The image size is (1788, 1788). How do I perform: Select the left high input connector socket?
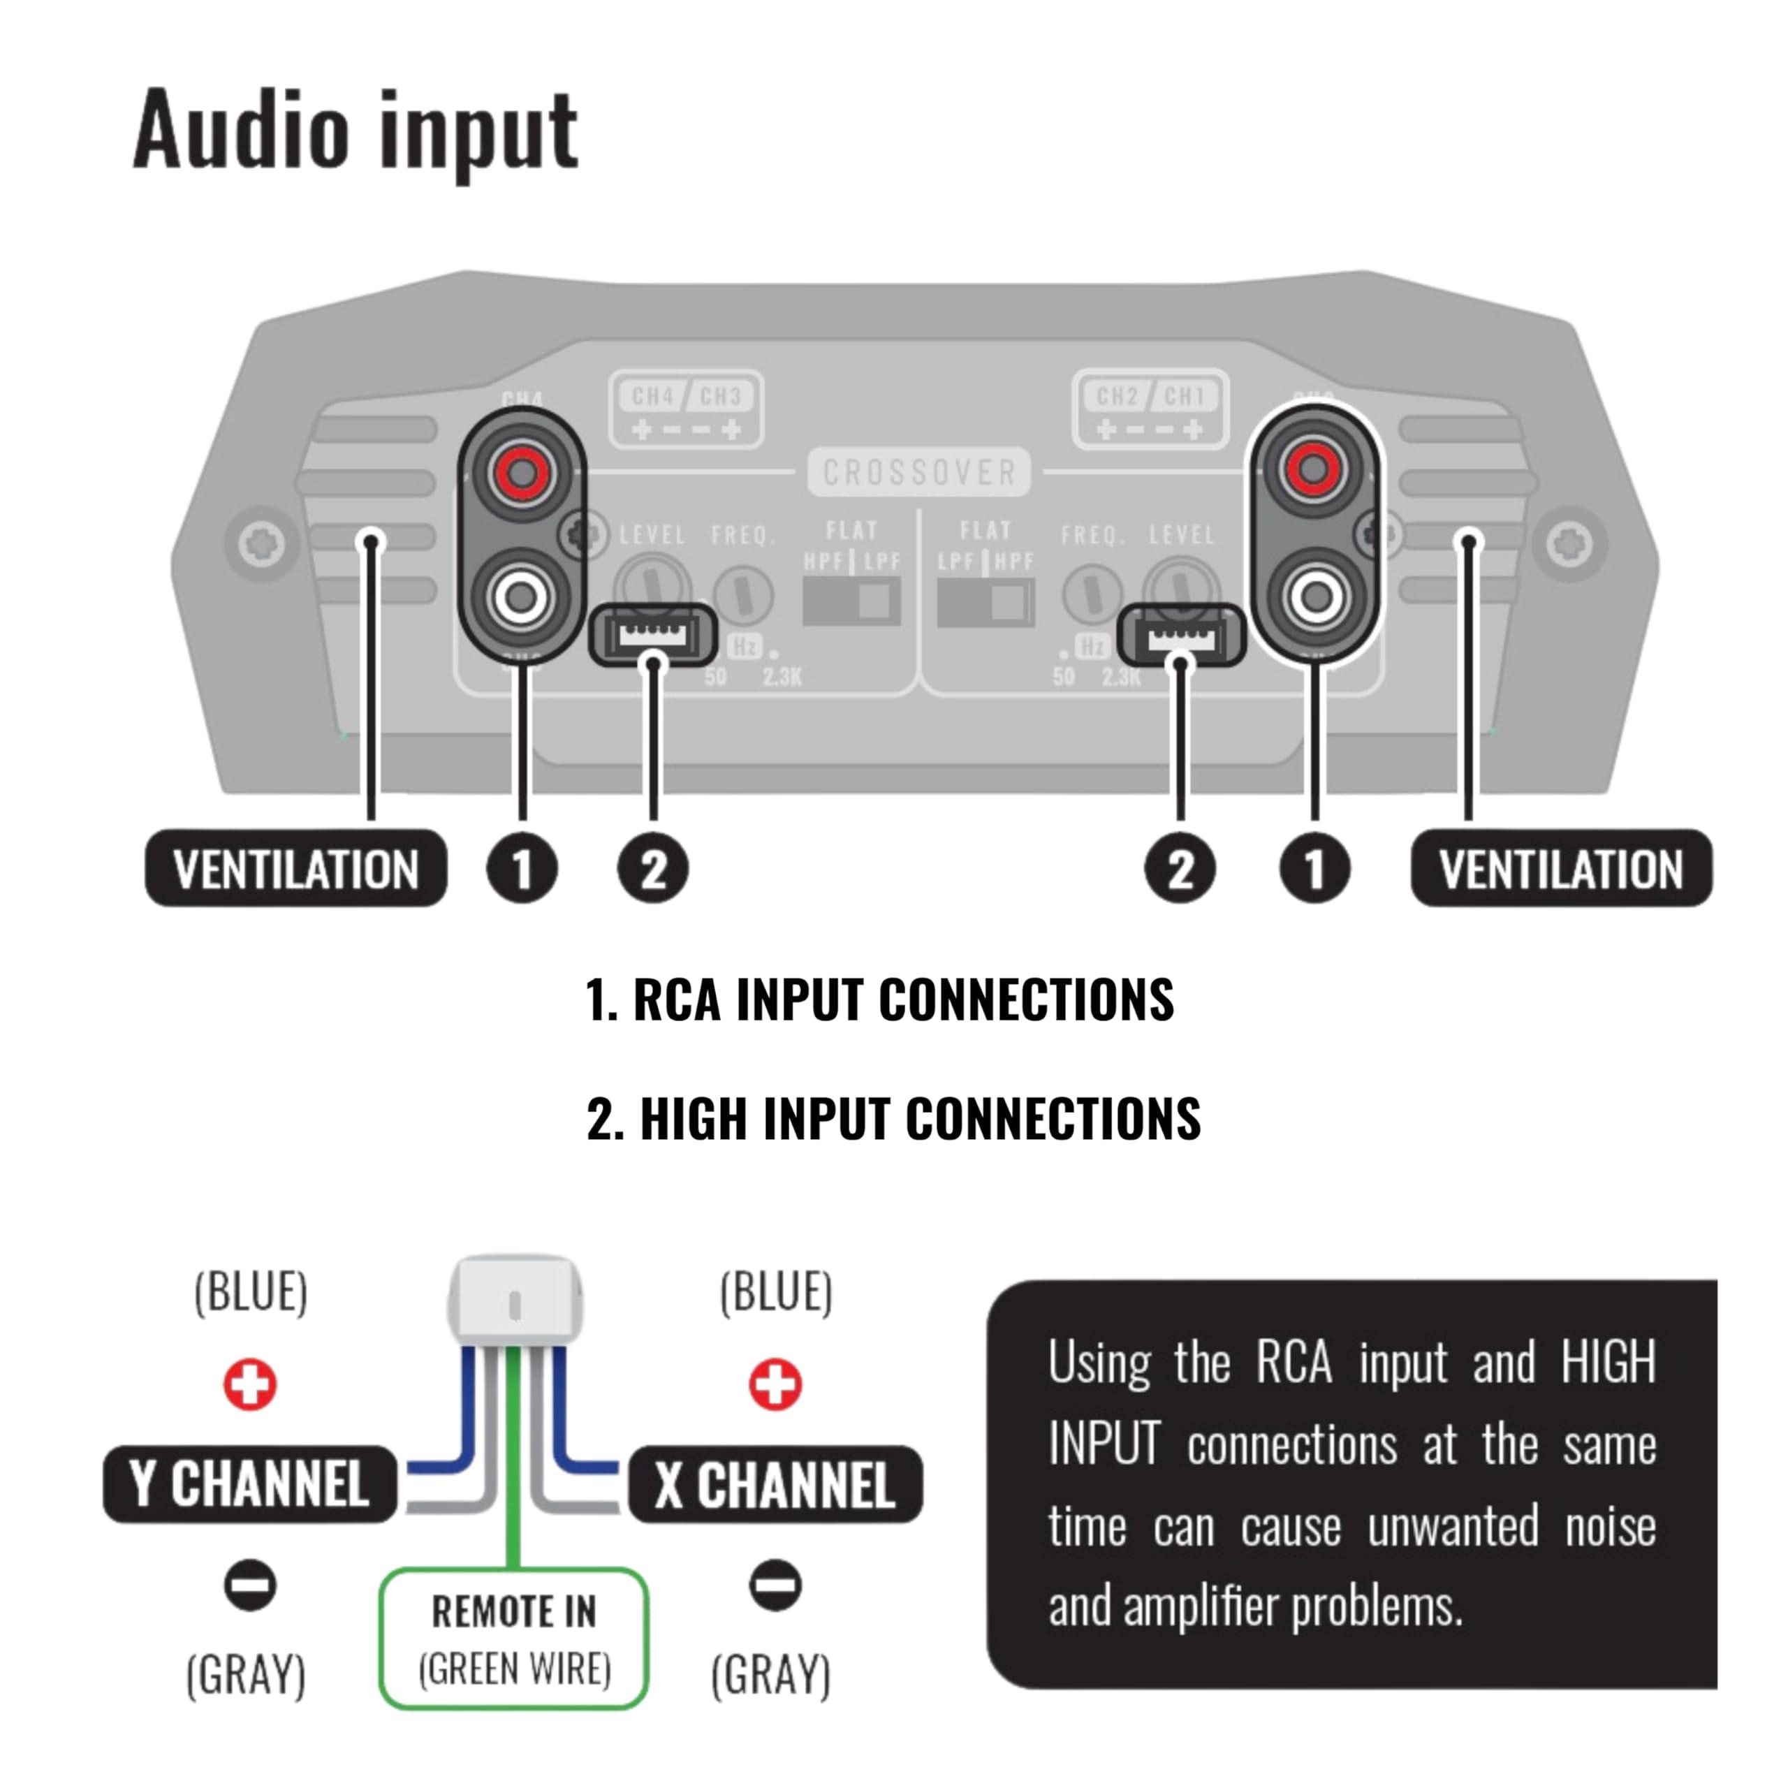[x=653, y=635]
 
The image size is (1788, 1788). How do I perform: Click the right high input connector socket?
[x=1180, y=636]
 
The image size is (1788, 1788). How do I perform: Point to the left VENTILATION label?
[x=295, y=869]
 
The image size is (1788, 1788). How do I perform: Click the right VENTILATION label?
[x=1560, y=869]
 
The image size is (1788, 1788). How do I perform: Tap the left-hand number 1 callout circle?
[x=522, y=869]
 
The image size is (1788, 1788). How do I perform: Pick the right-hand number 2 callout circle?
[x=1180, y=869]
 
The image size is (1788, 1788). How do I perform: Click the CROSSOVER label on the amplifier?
[x=919, y=473]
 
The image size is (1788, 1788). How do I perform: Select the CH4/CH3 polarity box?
[x=686, y=410]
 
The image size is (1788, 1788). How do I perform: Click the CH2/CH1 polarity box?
[x=1150, y=410]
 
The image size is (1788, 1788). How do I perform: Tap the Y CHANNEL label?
[x=250, y=1484]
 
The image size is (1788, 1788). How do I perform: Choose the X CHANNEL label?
[x=775, y=1484]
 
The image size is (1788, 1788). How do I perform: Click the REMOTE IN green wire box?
[x=513, y=1638]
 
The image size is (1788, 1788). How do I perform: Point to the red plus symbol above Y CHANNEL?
[x=250, y=1384]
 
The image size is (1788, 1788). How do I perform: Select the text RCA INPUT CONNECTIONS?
[x=902, y=1000]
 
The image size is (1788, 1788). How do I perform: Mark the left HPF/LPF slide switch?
[x=851, y=601]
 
